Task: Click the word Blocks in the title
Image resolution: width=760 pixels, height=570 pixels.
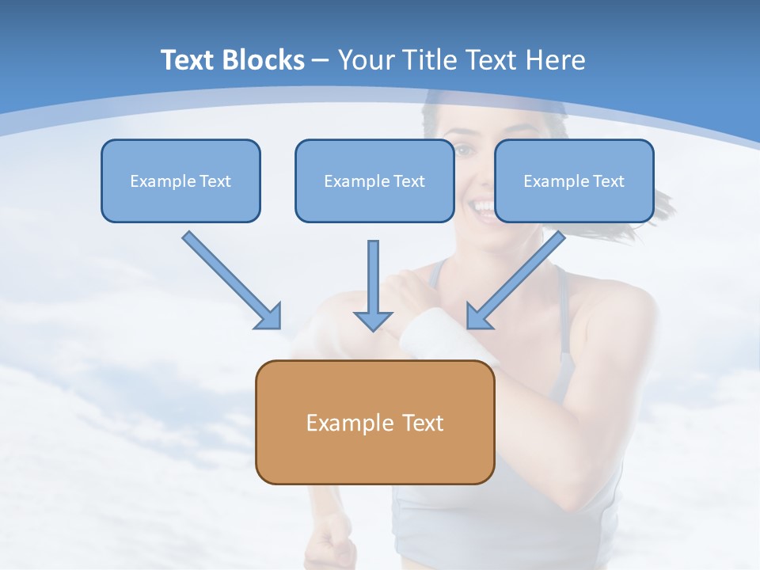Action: click(x=264, y=60)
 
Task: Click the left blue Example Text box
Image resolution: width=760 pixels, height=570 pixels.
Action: click(x=180, y=180)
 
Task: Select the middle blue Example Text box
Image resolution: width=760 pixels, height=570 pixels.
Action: click(x=374, y=180)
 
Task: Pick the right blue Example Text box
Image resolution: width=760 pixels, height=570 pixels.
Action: click(x=574, y=180)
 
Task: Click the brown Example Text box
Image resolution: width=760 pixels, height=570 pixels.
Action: click(x=374, y=422)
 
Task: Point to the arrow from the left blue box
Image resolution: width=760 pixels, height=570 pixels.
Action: click(x=230, y=278)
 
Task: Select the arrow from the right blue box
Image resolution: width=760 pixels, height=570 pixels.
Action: click(x=519, y=278)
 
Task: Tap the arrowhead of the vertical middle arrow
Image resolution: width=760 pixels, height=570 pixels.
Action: click(x=373, y=320)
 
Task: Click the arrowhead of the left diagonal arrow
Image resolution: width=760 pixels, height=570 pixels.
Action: click(x=269, y=316)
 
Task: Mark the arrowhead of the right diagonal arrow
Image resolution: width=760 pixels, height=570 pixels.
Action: click(x=479, y=316)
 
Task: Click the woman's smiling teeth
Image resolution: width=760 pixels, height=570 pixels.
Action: click(x=482, y=208)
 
